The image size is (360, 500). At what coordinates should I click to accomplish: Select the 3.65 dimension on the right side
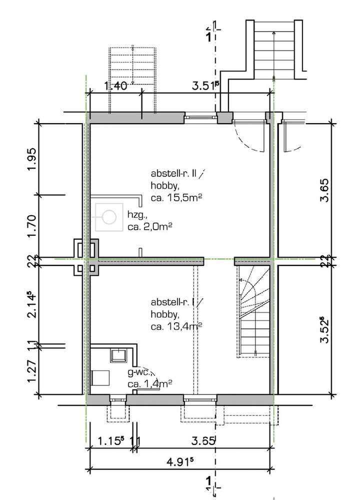[325, 190]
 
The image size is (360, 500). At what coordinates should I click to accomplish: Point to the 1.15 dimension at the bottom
[110, 441]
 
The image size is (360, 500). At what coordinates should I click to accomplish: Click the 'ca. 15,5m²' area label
[169, 198]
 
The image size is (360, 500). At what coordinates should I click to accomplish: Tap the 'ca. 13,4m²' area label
[175, 326]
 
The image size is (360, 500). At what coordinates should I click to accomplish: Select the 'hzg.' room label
[137, 216]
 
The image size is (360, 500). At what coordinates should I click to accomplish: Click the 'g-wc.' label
[139, 372]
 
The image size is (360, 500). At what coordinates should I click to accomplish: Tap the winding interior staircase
[254, 313]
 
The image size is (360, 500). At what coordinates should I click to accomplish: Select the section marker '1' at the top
[208, 36]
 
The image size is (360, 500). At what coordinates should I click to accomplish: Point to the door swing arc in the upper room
[250, 138]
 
